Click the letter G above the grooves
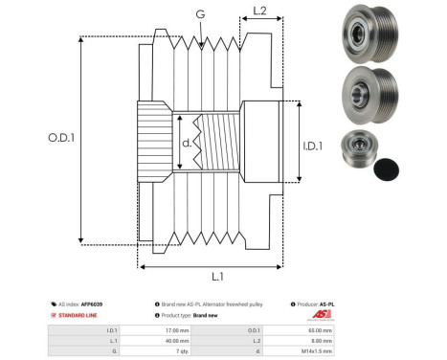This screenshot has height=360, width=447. (x=199, y=14)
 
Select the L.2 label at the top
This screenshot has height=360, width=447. (x=259, y=12)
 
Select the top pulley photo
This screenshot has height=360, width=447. (x=363, y=35)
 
